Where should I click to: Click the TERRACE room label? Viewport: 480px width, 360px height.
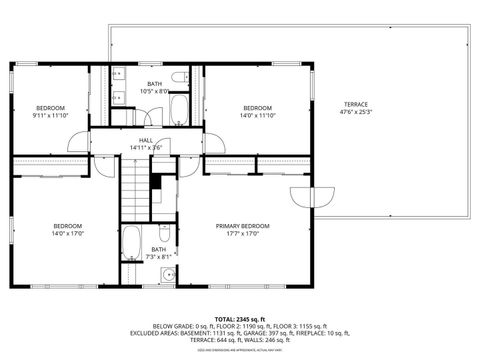tap(356, 104)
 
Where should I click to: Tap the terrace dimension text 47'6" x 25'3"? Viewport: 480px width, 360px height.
tap(356, 113)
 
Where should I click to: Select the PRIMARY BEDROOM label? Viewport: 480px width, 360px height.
tap(243, 226)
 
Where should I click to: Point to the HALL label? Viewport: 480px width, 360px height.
tap(145, 140)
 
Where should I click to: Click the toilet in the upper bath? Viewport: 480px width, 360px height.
tap(179, 77)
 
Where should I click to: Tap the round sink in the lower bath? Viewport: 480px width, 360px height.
tap(167, 274)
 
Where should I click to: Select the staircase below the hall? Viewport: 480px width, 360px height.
tap(134, 190)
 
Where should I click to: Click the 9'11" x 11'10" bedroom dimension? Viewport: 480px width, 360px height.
tap(50, 116)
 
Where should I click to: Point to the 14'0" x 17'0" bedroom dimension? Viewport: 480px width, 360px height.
tap(67, 235)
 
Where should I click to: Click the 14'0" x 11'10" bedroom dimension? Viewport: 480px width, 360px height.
tap(257, 116)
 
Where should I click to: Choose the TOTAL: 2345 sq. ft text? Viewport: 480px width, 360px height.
tap(239, 318)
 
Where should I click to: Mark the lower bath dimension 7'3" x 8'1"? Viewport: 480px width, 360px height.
tap(160, 257)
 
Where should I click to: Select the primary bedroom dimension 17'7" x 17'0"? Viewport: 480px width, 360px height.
tap(243, 235)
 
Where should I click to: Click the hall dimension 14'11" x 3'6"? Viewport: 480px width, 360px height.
tap(145, 148)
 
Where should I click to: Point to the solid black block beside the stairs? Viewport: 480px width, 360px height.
tap(156, 182)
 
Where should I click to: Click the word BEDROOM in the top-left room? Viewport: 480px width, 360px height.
tap(50, 107)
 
